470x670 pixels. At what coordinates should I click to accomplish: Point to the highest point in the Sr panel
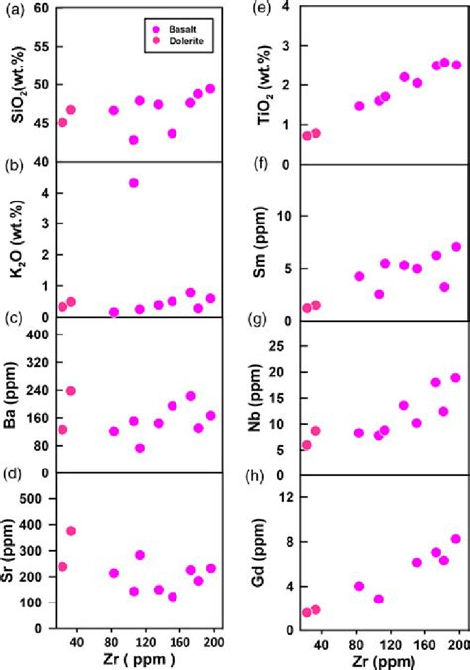[x=71, y=531]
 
